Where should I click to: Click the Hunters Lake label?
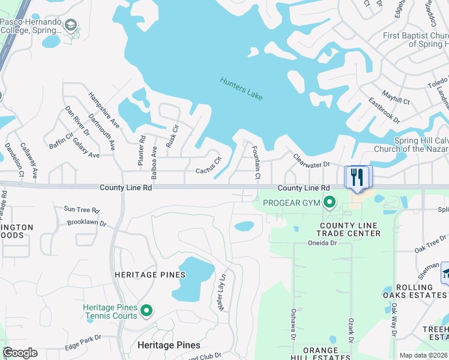[x=241, y=89]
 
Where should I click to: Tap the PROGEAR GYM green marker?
[x=328, y=203]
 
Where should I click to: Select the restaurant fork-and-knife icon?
[x=358, y=177]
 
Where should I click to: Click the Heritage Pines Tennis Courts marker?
[x=146, y=310]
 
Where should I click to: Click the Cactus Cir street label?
[x=208, y=166]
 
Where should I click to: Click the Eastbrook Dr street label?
[x=384, y=110]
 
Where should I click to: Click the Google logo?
[x=20, y=353]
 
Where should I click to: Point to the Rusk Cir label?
[x=175, y=136]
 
